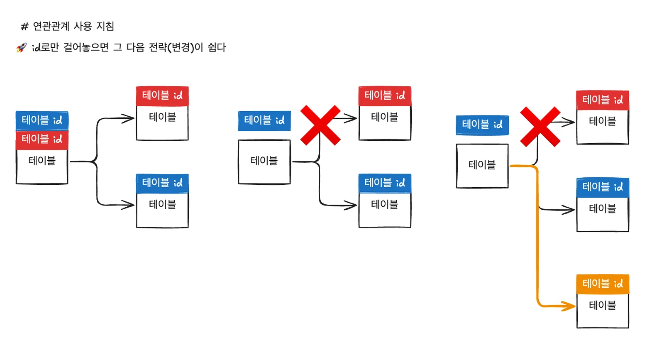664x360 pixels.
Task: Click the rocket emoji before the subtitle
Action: coord(21,47)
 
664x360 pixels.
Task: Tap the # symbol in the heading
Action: coord(24,27)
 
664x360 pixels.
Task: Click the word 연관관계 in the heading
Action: coord(51,26)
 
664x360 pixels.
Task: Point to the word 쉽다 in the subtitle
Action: coord(217,47)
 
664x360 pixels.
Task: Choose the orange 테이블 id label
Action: coord(603,284)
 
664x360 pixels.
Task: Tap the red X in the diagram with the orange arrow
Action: coord(540,127)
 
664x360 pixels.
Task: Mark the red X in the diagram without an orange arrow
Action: coord(320,125)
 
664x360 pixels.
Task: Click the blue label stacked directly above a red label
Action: coord(42,120)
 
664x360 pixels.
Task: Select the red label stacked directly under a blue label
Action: coord(42,140)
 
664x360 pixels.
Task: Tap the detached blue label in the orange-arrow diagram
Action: coord(482,125)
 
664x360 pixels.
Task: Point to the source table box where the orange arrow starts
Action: coord(482,166)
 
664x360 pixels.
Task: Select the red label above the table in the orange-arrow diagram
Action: coord(603,100)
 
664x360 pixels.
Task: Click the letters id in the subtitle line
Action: coord(36,47)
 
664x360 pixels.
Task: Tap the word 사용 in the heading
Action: coord(83,26)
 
